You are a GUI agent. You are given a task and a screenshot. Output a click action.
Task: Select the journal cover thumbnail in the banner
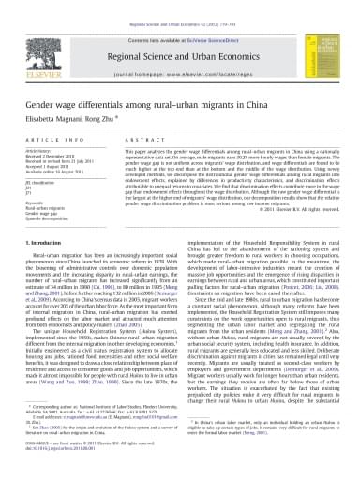[316, 41]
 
